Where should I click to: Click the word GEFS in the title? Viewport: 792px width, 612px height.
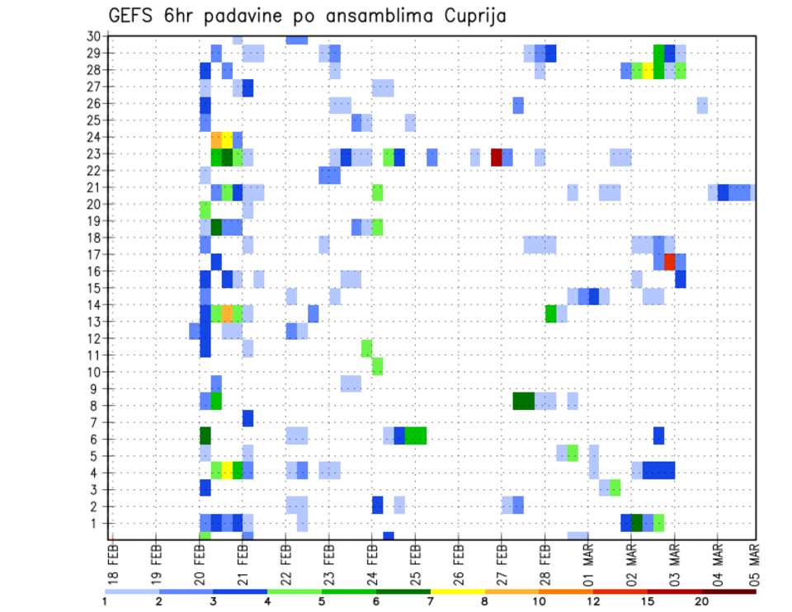(132, 16)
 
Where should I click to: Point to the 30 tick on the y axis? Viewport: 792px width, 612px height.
(93, 36)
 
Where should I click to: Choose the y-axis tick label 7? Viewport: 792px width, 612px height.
(97, 422)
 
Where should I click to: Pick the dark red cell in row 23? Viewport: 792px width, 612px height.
(497, 157)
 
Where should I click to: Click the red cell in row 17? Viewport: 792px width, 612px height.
(670, 261)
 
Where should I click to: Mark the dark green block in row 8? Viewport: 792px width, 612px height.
(523, 401)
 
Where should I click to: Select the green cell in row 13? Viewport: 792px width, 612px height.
(550, 313)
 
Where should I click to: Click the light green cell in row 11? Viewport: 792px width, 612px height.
(366, 348)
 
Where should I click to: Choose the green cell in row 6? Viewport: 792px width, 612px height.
(416, 435)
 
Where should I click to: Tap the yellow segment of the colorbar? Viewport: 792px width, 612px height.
(458, 591)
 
